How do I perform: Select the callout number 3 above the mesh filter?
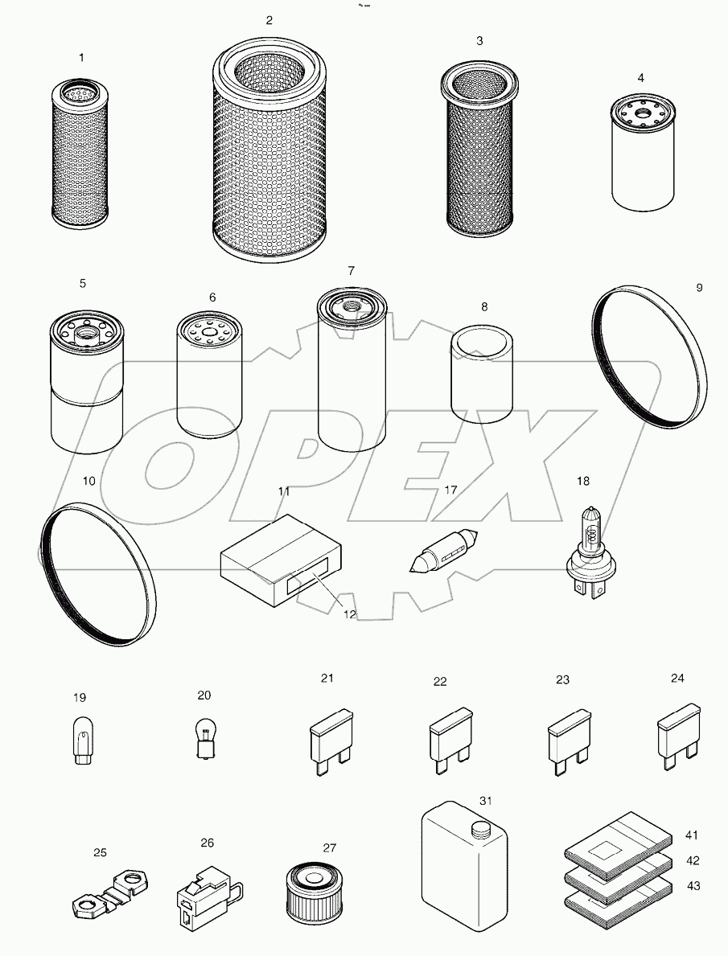click(479, 41)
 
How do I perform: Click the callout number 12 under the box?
click(350, 613)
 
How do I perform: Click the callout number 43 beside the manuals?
click(693, 886)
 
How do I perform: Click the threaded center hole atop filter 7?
click(352, 304)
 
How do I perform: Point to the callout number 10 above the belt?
click(88, 481)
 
